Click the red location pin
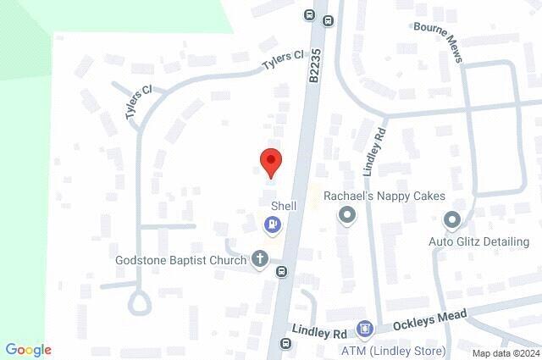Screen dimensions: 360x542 point(270,161)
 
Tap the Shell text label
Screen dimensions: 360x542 point(283,206)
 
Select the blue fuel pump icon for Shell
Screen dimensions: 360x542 point(272,224)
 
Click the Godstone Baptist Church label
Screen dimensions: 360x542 point(181,260)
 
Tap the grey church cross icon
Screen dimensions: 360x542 point(260,259)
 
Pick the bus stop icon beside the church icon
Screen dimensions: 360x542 point(281,272)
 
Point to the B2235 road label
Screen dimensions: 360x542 point(315,65)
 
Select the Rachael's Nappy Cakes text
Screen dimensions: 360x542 point(384,196)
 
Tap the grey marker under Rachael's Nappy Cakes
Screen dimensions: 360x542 point(346,217)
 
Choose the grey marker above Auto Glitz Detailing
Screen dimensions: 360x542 point(451,220)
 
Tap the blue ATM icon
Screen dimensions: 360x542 point(365,328)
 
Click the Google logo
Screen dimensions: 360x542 point(28,350)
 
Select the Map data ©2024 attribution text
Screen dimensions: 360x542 point(505,353)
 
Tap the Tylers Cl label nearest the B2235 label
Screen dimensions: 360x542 point(282,58)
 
